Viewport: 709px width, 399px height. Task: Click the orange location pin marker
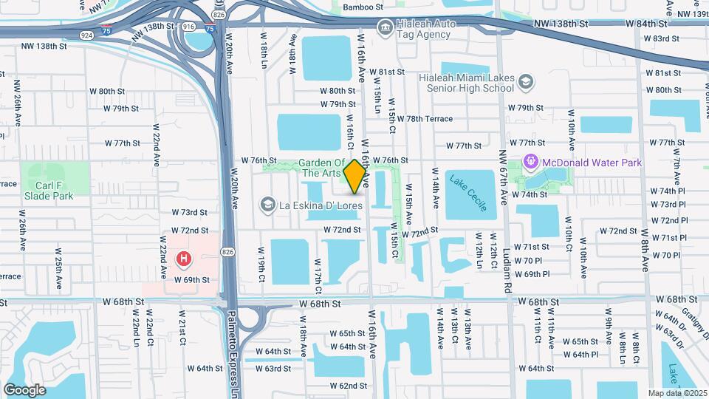point(355,176)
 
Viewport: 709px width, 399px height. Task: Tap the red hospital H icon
point(183,259)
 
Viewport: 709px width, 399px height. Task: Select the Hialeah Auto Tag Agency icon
point(385,28)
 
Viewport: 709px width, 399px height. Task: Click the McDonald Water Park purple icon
point(530,161)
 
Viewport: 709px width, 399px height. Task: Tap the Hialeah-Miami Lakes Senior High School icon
point(526,81)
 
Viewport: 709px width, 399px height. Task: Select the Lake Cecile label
point(468,194)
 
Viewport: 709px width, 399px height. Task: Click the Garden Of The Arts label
point(322,168)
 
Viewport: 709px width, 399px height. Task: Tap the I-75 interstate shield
point(210,29)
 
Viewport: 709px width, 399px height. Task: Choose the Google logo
point(24,389)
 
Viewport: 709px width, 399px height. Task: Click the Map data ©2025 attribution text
point(677,393)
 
